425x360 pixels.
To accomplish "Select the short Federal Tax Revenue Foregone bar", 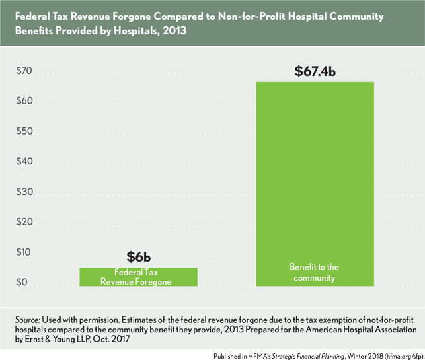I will click(x=138, y=277).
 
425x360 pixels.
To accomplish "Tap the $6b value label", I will click(x=139, y=257).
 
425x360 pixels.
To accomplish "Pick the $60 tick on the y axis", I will click(x=24, y=102).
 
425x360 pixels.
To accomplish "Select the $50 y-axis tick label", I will click(x=24, y=133).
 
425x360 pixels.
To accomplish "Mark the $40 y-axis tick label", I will click(x=24, y=163).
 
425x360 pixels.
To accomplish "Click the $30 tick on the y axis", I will click(x=24, y=194).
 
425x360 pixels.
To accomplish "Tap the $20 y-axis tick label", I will click(x=24, y=224).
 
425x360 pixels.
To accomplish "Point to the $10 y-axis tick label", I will click(x=24, y=254).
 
